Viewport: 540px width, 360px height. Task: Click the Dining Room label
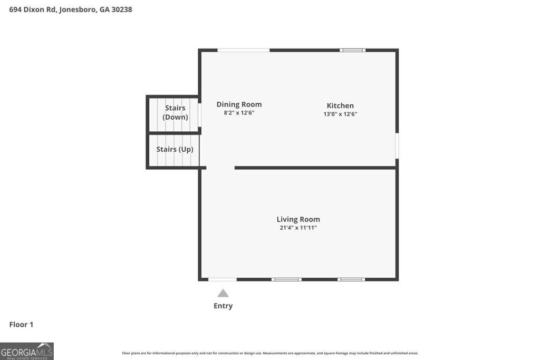click(239, 104)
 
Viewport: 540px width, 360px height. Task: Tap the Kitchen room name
click(340, 105)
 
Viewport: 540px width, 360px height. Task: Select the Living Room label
click(298, 219)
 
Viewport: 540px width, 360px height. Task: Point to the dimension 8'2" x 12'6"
click(239, 113)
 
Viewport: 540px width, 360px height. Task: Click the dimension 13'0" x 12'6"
click(340, 114)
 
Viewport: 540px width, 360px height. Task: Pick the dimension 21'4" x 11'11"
click(298, 228)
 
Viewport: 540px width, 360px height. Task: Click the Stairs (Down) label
click(175, 112)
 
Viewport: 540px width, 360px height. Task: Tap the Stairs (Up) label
click(175, 149)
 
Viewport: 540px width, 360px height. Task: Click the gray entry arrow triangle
click(223, 293)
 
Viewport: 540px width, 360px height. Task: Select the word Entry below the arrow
click(223, 306)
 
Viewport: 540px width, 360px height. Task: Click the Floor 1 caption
click(21, 325)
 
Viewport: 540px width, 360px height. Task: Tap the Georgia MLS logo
click(27, 351)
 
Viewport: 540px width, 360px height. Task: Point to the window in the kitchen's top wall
click(352, 50)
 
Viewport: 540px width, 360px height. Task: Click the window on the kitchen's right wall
click(397, 145)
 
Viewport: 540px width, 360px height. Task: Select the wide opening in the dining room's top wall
click(244, 50)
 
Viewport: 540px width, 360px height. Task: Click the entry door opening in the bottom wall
click(222, 279)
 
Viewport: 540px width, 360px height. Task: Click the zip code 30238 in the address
click(122, 9)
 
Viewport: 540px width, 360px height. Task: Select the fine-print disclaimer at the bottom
click(270, 353)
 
